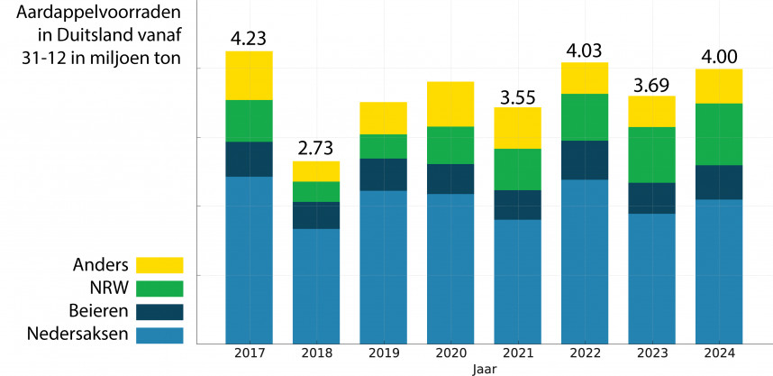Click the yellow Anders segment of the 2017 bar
pyautogui.click(x=249, y=76)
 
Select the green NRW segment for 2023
pyautogui.click(x=651, y=154)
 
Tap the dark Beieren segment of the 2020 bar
pyautogui.click(x=450, y=179)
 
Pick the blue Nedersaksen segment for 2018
pyautogui.click(x=316, y=285)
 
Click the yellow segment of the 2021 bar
pyautogui.click(x=517, y=128)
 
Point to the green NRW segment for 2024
pyautogui.click(x=718, y=134)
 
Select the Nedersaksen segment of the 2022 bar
pyautogui.click(x=585, y=261)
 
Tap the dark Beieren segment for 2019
pyautogui.click(x=383, y=174)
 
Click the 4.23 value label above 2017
pyautogui.click(x=249, y=39)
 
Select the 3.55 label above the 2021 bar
pyautogui.click(x=517, y=96)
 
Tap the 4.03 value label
pyautogui.click(x=585, y=50)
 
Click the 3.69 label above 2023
pyautogui.click(x=651, y=84)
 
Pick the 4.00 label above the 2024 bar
pyautogui.click(x=718, y=57)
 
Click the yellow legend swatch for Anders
pyautogui.click(x=159, y=265)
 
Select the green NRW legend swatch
pyautogui.click(x=159, y=289)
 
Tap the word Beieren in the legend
pyautogui.click(x=98, y=312)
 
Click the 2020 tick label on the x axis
pyautogui.click(x=450, y=353)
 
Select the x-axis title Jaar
pyautogui.click(x=484, y=369)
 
